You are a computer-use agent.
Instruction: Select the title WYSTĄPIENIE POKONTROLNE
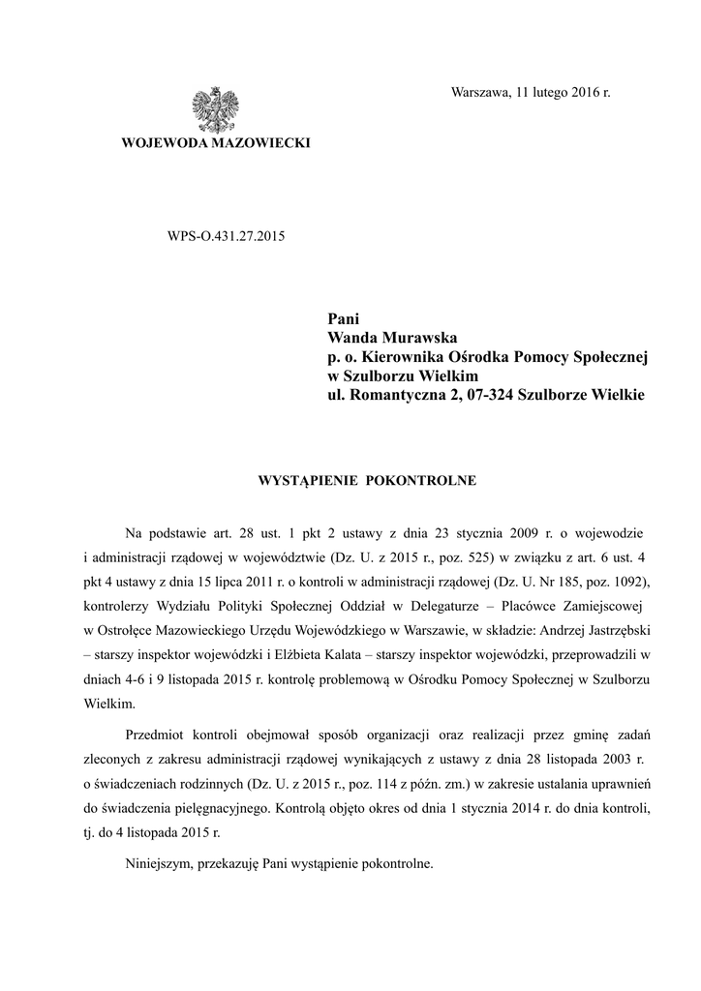pos(365,478)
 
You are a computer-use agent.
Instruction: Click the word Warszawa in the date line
pos(481,92)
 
